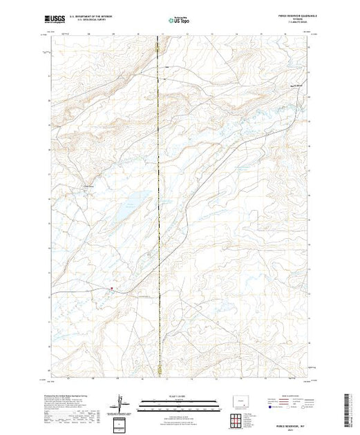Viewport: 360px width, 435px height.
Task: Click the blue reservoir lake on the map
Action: tap(131, 204)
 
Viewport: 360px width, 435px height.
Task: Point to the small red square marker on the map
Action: tap(112, 289)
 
